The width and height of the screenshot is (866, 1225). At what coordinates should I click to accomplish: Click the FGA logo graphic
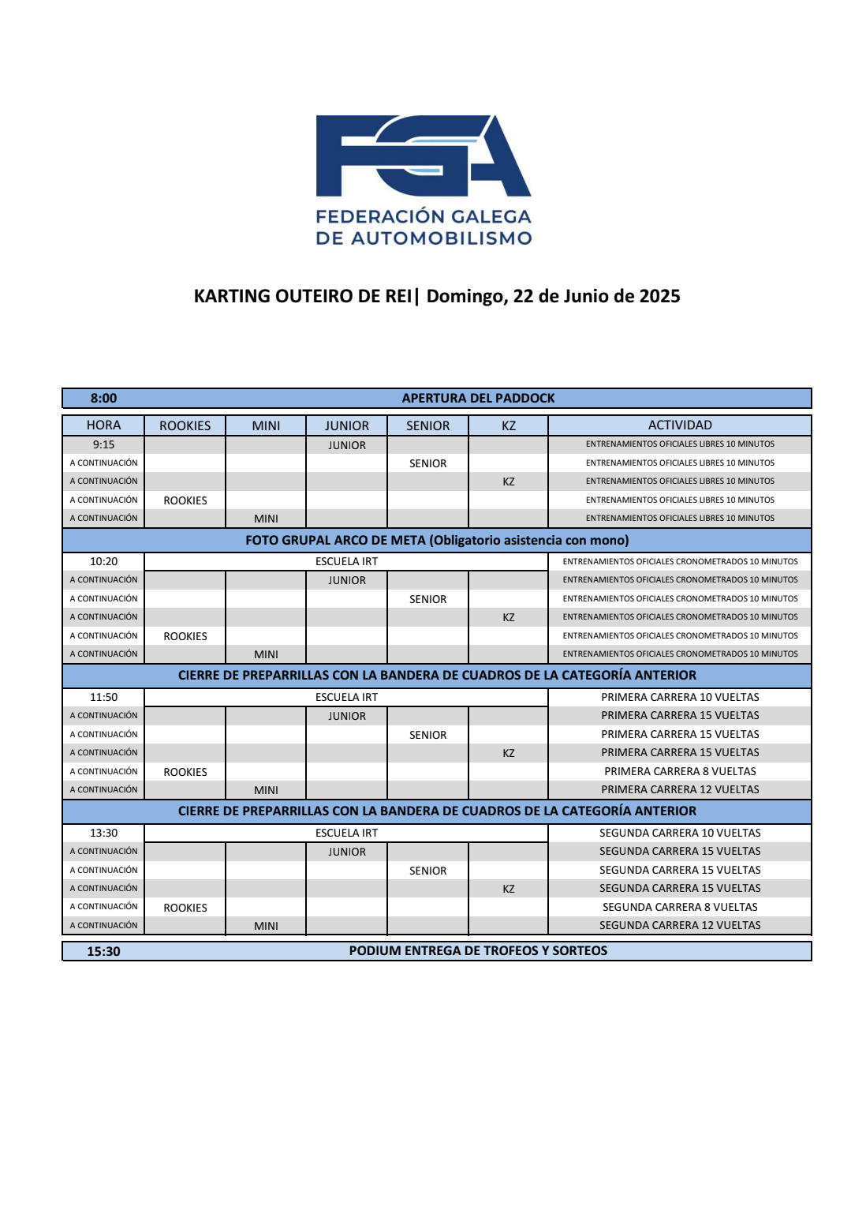point(424,155)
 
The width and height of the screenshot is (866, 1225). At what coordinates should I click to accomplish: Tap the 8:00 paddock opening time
point(103,399)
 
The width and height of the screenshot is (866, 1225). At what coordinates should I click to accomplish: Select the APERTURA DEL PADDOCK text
point(478,399)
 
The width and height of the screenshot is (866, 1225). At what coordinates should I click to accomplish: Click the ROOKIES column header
point(185,425)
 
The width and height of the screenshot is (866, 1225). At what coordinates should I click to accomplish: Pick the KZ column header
point(509,425)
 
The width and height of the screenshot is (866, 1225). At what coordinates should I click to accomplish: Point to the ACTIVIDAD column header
point(680,425)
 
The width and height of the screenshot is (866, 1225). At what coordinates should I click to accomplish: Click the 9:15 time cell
point(103,444)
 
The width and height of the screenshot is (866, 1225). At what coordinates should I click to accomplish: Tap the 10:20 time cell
point(103,561)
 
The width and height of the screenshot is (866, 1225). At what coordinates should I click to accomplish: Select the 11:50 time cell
point(103,697)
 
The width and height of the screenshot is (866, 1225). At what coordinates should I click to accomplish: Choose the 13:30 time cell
point(103,833)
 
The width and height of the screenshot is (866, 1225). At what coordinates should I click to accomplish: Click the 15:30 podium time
point(103,951)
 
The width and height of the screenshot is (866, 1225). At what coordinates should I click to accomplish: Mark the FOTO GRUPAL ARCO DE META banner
point(437,541)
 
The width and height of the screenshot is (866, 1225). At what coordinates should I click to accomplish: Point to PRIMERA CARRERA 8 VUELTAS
point(680,771)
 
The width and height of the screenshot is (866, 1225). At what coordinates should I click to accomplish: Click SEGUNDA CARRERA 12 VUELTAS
point(680,925)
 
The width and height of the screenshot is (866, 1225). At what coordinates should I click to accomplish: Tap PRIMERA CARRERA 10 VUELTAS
point(680,697)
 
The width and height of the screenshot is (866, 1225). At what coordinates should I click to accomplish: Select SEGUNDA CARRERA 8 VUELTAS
point(680,907)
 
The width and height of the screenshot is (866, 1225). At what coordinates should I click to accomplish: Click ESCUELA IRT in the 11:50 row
point(346,697)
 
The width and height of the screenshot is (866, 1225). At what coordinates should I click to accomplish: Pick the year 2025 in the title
point(659,296)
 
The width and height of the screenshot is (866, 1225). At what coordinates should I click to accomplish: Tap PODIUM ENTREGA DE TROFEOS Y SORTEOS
point(478,951)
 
